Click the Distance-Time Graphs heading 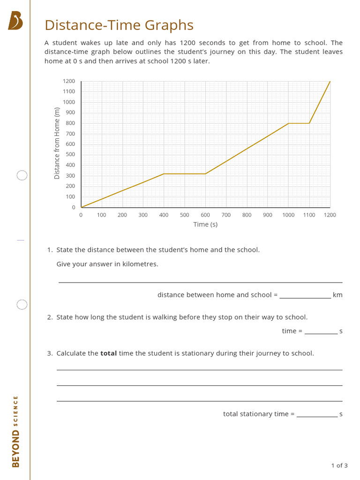(119, 25)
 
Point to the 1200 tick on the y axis (69, 81)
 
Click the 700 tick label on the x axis (226, 215)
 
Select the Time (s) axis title (205, 225)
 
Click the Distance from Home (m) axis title (57, 143)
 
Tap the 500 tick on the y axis (70, 155)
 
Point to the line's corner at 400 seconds (164, 174)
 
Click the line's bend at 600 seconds (205, 174)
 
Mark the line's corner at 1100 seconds (309, 123)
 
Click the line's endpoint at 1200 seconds (330, 82)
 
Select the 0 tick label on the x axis (81, 215)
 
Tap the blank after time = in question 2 (321, 331)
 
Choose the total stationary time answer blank (317, 414)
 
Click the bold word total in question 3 (108, 353)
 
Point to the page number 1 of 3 (339, 465)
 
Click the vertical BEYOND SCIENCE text (16, 431)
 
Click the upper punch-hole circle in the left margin (22, 175)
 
